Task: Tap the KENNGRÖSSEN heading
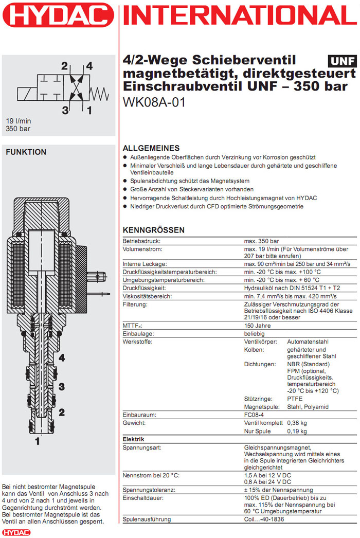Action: tap(153, 230)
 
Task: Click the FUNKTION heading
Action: tap(26, 152)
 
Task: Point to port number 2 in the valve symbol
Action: tap(64, 66)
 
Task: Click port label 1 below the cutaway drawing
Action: tap(37, 441)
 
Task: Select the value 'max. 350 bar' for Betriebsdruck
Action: tap(261, 241)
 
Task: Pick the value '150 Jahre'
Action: tap(257, 326)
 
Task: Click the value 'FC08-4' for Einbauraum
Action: tap(256, 415)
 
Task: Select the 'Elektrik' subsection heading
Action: tap(133, 440)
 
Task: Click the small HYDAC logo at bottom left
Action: tap(16, 532)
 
